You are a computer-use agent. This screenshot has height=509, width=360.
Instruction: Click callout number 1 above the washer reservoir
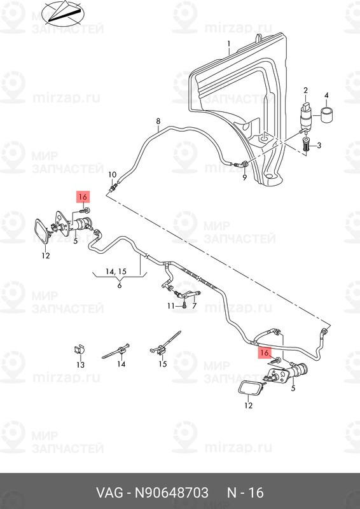point(228,43)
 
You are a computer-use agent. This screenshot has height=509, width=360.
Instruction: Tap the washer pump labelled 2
point(306,116)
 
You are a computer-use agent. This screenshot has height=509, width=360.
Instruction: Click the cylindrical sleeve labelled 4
point(326,114)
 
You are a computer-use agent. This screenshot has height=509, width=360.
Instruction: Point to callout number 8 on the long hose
point(158,122)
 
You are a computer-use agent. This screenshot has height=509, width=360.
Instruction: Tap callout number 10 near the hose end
point(112,174)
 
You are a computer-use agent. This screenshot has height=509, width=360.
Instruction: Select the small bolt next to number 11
point(184,305)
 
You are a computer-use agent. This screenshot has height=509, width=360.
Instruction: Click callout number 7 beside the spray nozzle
point(194,305)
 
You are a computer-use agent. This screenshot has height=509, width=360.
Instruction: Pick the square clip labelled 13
point(79,351)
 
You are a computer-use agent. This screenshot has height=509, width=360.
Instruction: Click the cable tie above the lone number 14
point(116,351)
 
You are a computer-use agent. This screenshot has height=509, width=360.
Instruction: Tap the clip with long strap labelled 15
point(165,343)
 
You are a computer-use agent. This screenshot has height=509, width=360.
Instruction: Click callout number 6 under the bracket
point(120,285)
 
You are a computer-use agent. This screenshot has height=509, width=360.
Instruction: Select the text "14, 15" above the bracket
point(116,272)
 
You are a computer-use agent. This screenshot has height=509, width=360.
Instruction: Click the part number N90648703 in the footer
point(171,493)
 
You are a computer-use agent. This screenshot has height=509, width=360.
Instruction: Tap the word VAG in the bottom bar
point(109,493)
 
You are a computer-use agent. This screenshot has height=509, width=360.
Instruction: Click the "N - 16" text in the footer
point(246,493)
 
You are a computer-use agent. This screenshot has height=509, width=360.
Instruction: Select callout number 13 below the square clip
point(81,365)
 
